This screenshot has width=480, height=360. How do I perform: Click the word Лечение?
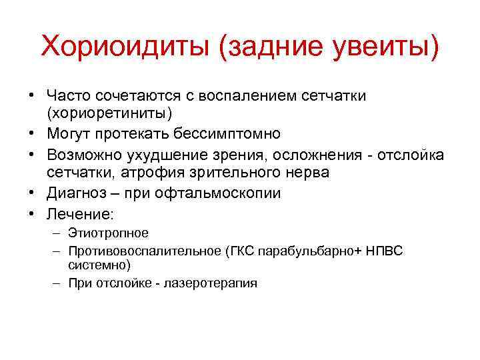pos(80,214)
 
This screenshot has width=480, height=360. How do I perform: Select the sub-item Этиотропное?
pos(108,233)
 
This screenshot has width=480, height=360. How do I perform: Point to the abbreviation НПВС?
pos(387,251)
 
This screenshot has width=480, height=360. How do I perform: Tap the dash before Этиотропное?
pos(57,233)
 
